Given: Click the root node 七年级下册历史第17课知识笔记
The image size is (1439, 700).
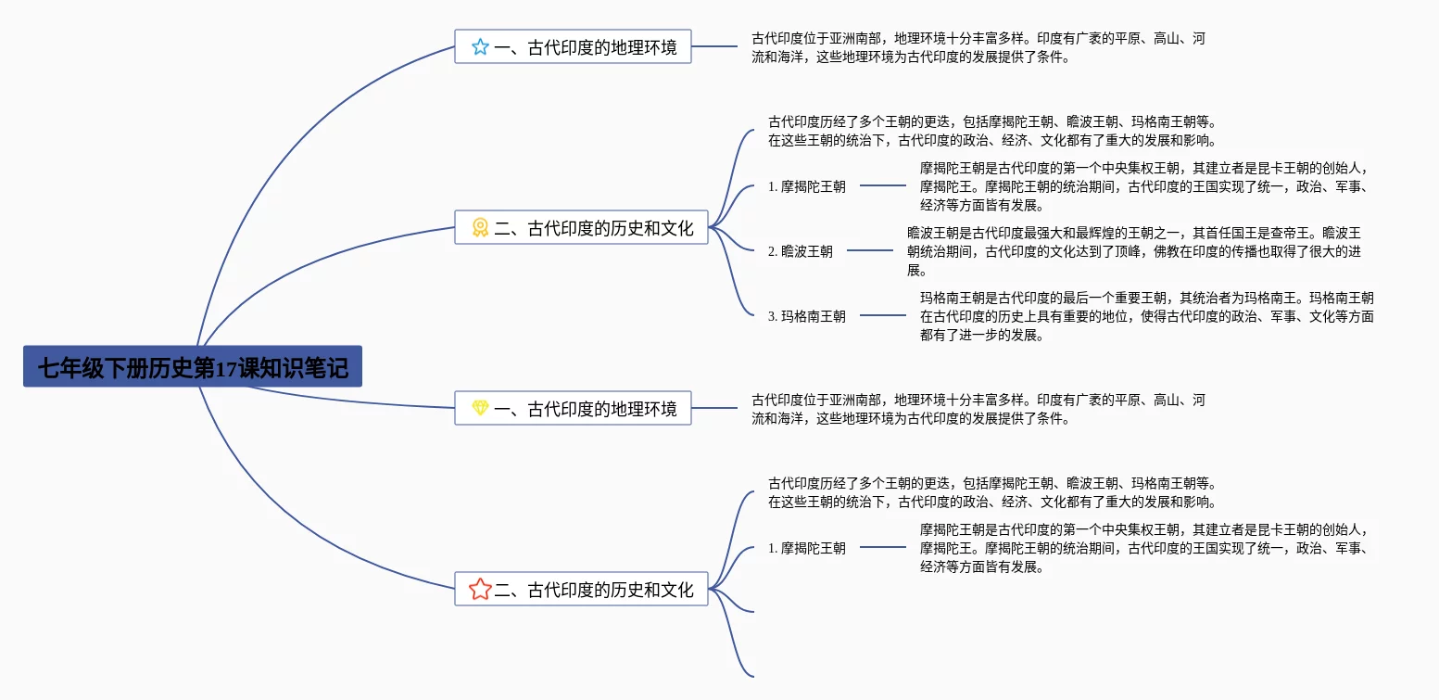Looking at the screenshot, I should pos(192,367).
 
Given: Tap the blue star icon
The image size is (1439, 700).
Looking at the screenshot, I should pos(480,47).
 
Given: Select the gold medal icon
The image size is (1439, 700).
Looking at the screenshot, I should pos(480,227).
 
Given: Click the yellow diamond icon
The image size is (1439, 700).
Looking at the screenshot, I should pos(480,408).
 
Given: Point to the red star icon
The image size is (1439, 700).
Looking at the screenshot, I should pos(480,589).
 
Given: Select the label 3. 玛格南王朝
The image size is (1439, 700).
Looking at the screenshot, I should pos(806,316).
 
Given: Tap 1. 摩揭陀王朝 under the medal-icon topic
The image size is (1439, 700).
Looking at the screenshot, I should pos(806,186).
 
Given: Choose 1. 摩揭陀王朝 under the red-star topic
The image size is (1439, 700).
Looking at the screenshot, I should pos(806,548).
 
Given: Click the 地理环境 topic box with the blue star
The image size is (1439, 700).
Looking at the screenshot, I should pos(585,47).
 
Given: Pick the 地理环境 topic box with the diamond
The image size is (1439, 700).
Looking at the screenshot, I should pos(585,408).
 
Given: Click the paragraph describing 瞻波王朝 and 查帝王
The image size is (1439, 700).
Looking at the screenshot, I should pos(1133,251).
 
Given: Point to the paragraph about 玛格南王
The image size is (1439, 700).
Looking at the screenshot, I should pos(1146,316).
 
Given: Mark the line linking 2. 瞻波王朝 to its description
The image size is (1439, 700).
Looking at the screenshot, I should pos(870,250).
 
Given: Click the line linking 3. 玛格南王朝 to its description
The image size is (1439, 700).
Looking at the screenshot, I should pos(883,315).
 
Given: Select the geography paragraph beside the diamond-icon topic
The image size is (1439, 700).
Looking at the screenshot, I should pos(978,409).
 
